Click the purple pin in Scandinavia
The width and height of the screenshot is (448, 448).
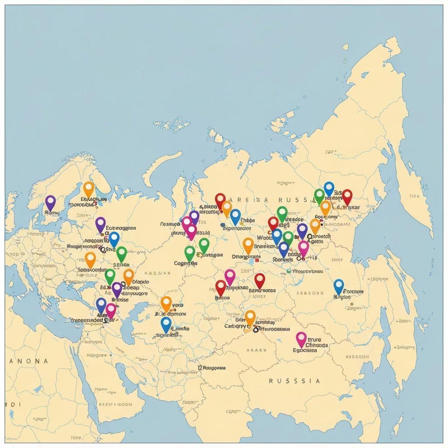pos(51,203)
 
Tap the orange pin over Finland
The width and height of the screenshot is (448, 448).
pos(89,189)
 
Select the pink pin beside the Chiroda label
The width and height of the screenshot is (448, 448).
pos(301,339)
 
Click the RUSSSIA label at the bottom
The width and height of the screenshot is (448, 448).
pos(294,381)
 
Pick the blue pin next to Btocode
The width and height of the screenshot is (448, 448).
pos(339,287)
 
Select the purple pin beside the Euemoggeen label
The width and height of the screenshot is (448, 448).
pos(101,224)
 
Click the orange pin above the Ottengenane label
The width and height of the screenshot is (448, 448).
pos(248,245)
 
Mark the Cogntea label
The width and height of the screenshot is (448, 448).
pos(185,263)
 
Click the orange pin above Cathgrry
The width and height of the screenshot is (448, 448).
pos(250,318)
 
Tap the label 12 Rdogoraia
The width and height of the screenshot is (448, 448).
pos(212,368)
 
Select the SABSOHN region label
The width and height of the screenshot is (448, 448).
pos(310,293)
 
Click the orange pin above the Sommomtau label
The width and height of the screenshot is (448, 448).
pos(90,259)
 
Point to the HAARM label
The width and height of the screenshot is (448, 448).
pos(253,350)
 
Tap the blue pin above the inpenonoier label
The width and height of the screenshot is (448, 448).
pos(235,217)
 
